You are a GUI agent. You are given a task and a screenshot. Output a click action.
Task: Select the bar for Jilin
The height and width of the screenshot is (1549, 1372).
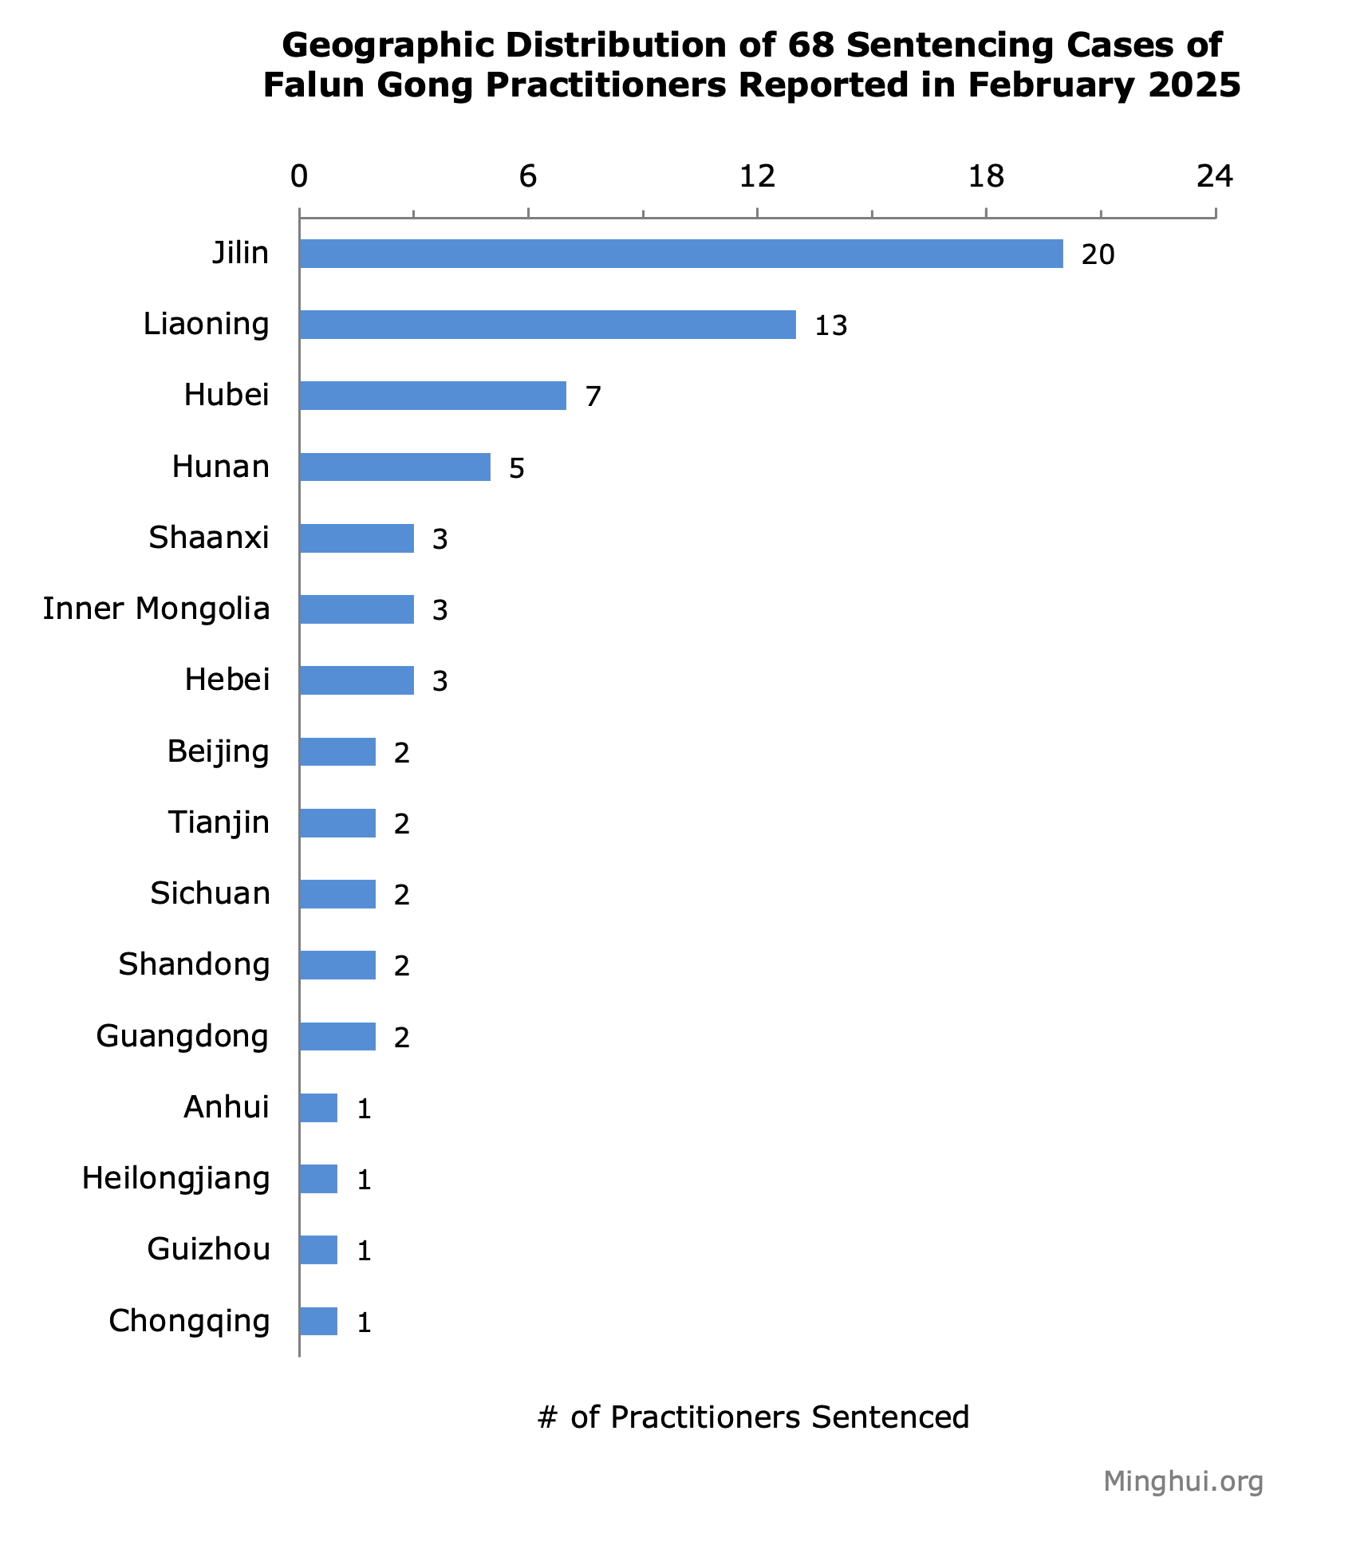point(681,254)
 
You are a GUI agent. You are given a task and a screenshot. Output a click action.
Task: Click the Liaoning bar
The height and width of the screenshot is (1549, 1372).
point(547,325)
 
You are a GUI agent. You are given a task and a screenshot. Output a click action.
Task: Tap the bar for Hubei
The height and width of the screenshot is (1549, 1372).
point(432,396)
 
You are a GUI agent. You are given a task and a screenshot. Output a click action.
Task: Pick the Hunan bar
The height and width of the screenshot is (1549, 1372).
point(395,467)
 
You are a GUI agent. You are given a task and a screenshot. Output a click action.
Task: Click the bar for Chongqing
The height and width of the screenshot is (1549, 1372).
point(318,1321)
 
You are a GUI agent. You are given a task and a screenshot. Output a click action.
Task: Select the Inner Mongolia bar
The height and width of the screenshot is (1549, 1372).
point(357,609)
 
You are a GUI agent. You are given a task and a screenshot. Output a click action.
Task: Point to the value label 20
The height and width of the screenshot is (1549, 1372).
point(1098,255)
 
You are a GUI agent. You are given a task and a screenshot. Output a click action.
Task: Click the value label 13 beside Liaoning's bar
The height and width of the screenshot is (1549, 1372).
point(830,326)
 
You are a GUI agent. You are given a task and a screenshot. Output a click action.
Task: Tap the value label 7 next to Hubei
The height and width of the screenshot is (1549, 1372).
point(593,397)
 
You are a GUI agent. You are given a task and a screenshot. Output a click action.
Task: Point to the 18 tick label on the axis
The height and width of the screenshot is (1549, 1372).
point(986,177)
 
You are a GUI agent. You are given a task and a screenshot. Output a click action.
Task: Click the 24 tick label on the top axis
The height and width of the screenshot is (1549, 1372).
point(1215,177)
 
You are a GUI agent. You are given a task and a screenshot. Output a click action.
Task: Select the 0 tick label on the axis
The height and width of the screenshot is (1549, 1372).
point(299,177)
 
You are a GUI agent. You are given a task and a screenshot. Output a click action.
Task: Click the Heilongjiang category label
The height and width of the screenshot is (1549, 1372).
point(175,1178)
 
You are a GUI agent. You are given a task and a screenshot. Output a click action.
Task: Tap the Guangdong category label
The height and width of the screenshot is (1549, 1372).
point(183,1036)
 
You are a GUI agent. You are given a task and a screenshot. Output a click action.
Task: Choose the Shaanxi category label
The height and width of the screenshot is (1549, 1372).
point(209,538)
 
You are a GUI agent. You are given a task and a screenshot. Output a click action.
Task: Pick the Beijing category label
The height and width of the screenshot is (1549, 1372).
point(218,751)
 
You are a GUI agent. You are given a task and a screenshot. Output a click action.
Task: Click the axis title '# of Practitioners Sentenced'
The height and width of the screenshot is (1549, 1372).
point(753,1417)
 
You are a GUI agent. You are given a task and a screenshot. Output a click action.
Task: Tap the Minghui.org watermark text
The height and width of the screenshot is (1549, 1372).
point(1183,1481)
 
